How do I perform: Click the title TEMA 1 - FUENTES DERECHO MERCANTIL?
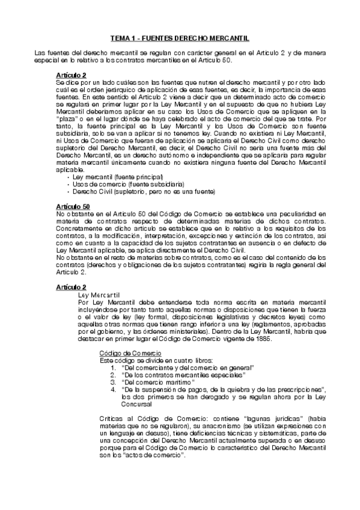(x=180, y=38)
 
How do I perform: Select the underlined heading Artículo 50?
(x=71, y=206)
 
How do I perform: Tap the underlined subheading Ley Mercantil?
(x=99, y=295)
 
